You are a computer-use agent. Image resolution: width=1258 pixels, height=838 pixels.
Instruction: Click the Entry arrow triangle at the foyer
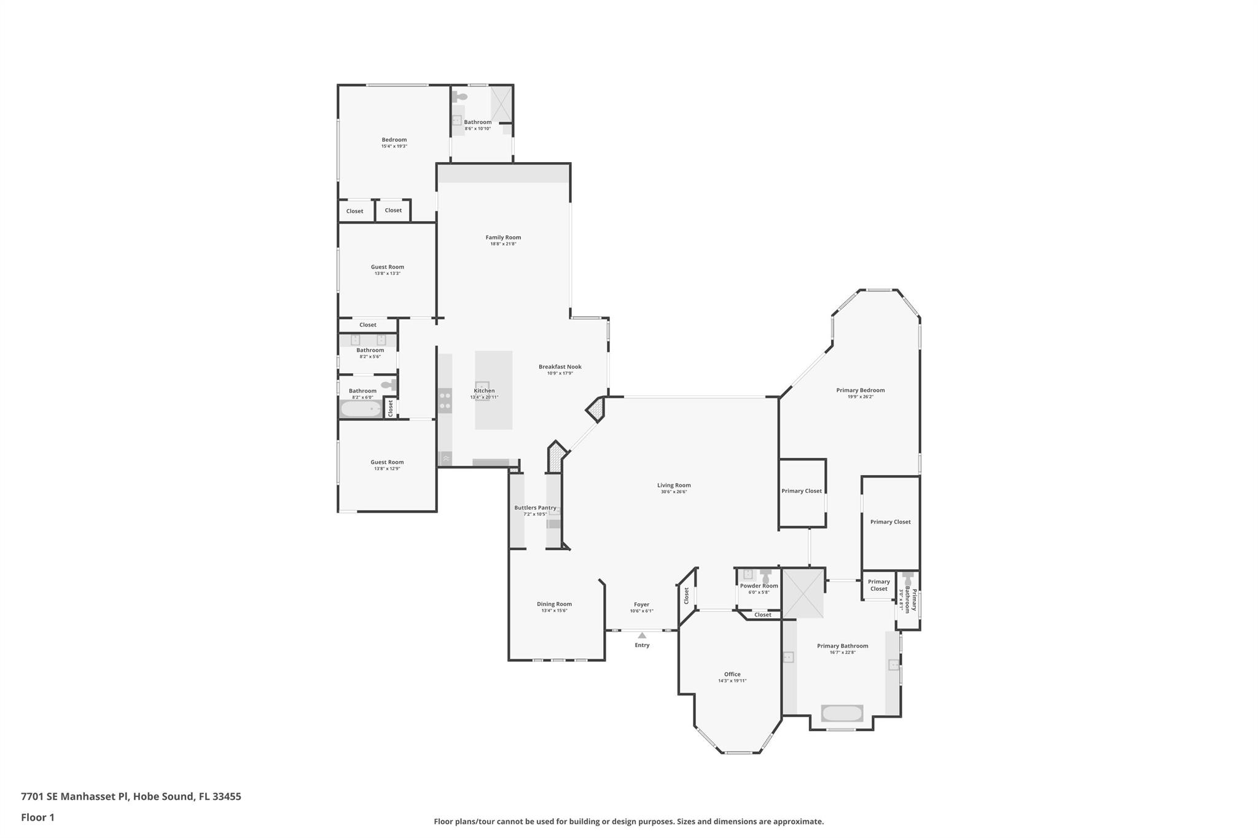tap(642, 635)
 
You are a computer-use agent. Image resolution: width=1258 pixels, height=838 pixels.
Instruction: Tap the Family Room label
tap(503, 238)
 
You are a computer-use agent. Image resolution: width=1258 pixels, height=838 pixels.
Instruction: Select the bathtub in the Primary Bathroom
tap(842, 713)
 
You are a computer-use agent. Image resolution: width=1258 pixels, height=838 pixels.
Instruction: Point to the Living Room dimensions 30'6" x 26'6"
tap(674, 492)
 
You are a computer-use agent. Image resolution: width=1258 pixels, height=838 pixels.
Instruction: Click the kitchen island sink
tap(482, 386)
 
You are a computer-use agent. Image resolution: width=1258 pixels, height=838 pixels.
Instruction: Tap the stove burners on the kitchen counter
tap(445, 402)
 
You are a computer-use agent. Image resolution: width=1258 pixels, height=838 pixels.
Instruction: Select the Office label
tap(732, 674)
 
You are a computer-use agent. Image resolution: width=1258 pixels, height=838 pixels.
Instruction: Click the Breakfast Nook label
tap(560, 367)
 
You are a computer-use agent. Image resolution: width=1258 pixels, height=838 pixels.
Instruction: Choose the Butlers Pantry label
tap(535, 508)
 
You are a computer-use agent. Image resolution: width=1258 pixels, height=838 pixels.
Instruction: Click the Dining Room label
tap(554, 604)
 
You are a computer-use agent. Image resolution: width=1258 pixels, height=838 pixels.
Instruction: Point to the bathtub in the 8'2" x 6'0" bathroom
tap(361, 409)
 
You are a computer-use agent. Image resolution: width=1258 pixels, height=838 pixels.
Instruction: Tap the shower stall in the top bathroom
tap(501, 104)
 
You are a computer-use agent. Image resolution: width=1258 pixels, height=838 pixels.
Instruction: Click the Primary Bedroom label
tap(860, 390)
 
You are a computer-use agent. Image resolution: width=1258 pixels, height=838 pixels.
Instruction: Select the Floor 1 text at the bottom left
tap(37, 817)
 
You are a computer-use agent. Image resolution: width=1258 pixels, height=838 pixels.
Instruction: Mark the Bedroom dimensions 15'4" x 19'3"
tap(394, 146)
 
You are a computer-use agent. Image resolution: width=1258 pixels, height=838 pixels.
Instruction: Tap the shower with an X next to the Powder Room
tap(803, 593)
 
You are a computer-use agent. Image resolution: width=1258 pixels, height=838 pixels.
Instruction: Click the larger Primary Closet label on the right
tap(890, 522)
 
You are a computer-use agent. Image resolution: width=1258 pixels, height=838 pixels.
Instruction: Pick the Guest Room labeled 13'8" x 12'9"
tap(387, 462)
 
